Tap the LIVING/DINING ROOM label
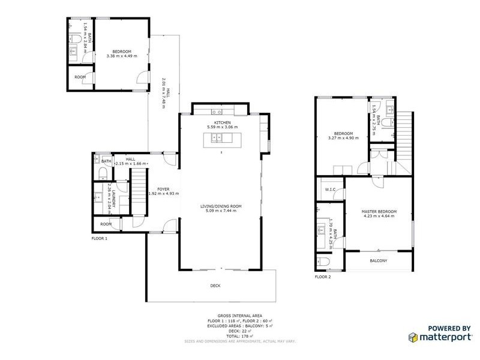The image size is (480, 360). click(222, 206)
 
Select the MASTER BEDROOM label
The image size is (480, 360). click(379, 212)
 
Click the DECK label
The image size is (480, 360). click(215, 286)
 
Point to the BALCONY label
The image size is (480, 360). click(378, 260)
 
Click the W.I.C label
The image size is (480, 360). click(329, 190)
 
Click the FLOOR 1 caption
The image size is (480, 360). click(99, 238)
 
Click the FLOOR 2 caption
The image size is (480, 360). click(323, 277)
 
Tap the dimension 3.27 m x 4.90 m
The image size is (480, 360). click(344, 138)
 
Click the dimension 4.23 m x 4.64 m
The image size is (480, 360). click(379, 217)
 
